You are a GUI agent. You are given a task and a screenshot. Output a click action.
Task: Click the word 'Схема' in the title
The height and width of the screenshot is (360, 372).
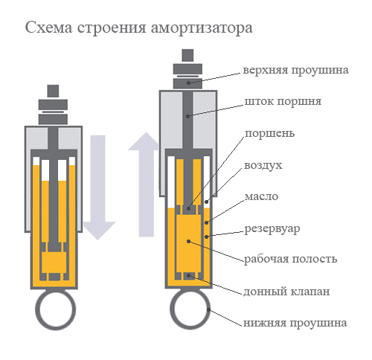[x=49, y=28]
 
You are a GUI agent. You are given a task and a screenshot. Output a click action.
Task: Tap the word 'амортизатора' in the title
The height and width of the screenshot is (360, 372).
[x=202, y=28]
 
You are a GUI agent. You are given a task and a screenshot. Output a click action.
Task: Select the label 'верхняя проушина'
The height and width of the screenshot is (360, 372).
[x=295, y=70]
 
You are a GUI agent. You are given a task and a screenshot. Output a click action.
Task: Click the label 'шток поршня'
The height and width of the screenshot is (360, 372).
[x=283, y=102]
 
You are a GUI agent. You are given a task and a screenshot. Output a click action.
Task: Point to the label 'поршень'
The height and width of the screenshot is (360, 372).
[x=270, y=134]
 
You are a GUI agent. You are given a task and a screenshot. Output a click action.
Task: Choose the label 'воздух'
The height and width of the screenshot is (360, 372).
[x=263, y=165]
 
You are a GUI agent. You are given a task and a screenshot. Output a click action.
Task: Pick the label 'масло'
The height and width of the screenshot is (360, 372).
[x=261, y=197]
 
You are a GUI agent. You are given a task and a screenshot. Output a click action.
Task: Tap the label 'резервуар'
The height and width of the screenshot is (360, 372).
[x=272, y=229]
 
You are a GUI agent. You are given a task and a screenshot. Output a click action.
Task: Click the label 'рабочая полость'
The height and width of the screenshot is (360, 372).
[x=291, y=259]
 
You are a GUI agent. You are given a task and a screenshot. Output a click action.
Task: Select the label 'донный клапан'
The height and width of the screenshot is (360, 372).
[x=286, y=292]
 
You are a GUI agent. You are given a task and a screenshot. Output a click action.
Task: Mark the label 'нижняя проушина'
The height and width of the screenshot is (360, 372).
[x=295, y=323]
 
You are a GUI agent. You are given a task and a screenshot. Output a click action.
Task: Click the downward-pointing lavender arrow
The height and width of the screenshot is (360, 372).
[x=98, y=187]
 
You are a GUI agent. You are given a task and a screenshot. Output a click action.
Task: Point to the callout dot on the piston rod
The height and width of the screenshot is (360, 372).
[x=187, y=116]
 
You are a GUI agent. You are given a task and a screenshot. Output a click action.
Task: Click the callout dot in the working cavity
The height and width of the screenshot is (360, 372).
[x=189, y=241]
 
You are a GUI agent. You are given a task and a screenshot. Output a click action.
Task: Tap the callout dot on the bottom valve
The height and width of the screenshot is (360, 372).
[x=189, y=275]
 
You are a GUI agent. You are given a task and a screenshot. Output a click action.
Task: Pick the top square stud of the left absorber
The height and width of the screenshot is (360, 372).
[x=53, y=91]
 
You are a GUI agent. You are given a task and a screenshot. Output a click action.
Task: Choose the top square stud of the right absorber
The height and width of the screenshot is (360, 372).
[x=187, y=55]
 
